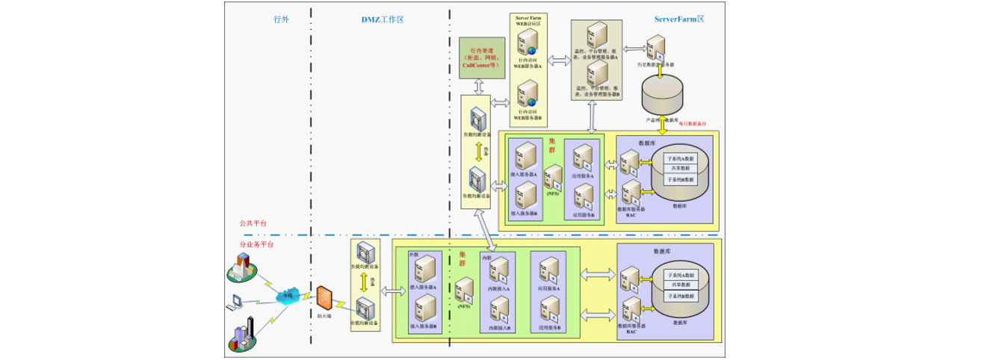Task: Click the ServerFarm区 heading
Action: (679, 19)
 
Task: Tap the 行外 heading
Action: (281, 19)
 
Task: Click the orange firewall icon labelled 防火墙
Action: (323, 298)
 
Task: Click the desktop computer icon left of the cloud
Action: (236, 302)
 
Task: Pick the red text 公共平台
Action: (253, 223)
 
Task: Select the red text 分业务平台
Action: (256, 244)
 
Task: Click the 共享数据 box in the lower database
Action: (680, 285)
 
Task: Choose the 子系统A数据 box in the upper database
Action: (681, 159)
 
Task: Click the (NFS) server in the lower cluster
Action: (465, 290)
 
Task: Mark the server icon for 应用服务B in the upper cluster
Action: (583, 197)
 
